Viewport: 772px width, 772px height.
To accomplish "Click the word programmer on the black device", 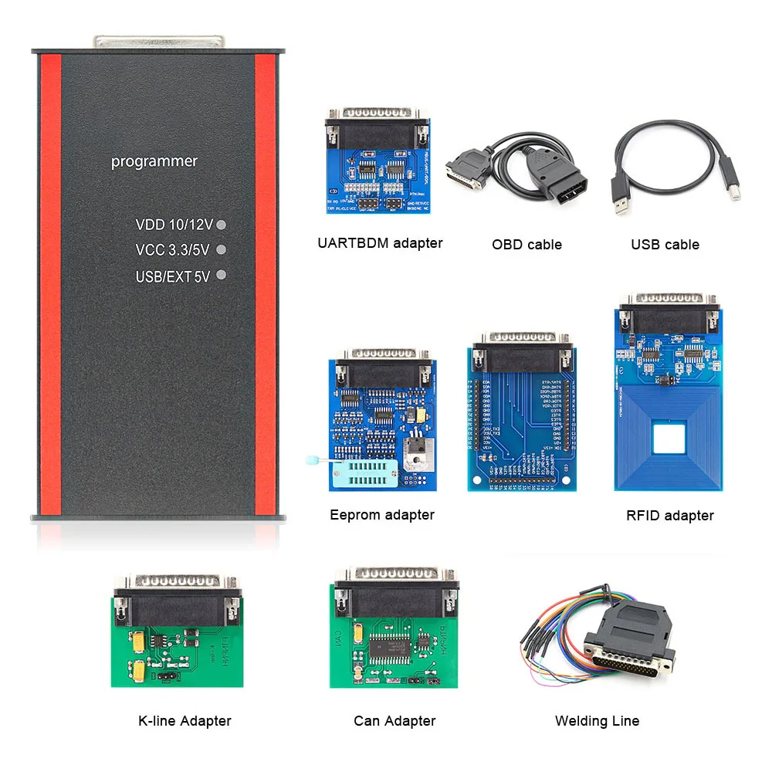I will pos(154,161).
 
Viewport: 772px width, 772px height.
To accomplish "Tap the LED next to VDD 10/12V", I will pos(222,225).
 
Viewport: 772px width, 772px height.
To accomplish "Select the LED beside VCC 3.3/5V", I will pos(222,250).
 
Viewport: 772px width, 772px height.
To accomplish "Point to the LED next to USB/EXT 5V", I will pos(222,275).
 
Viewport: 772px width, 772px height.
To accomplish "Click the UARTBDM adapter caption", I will pos(380,243).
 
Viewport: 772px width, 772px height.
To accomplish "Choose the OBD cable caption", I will pos(527,245).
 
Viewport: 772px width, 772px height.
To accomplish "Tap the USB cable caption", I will pos(665,245).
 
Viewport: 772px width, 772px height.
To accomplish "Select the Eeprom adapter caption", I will pos(382,515).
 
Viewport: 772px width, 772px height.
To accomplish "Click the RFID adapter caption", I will pos(670,516).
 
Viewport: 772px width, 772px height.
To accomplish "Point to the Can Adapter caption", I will pos(394,721).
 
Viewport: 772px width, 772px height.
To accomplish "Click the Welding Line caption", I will pos(597,721).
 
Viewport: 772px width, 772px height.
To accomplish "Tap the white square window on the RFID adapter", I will pos(669,441).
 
